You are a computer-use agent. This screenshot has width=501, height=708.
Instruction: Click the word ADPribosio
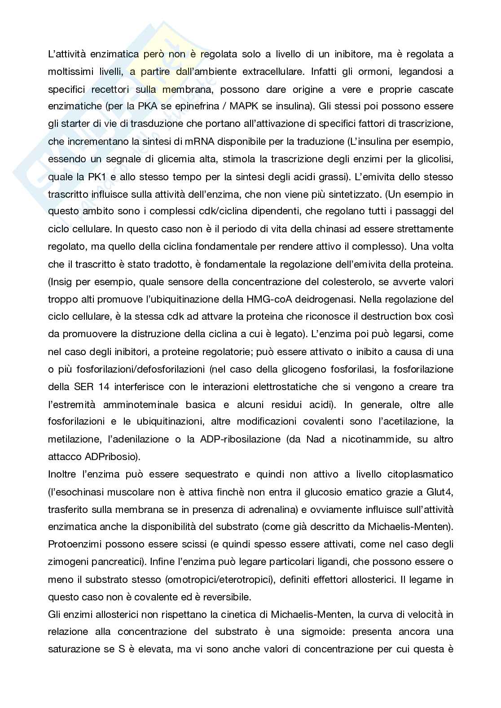point(111,457)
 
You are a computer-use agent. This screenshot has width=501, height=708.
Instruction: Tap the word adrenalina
point(260,509)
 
